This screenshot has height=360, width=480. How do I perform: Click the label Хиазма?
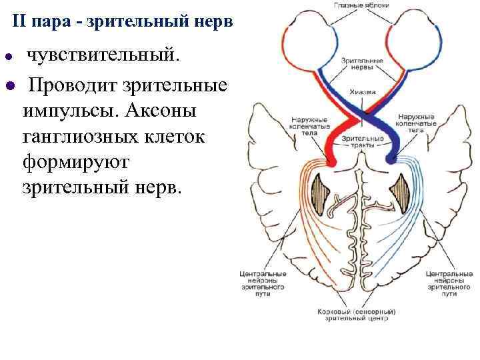(361, 92)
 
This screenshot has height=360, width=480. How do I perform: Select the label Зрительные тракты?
(362, 142)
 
